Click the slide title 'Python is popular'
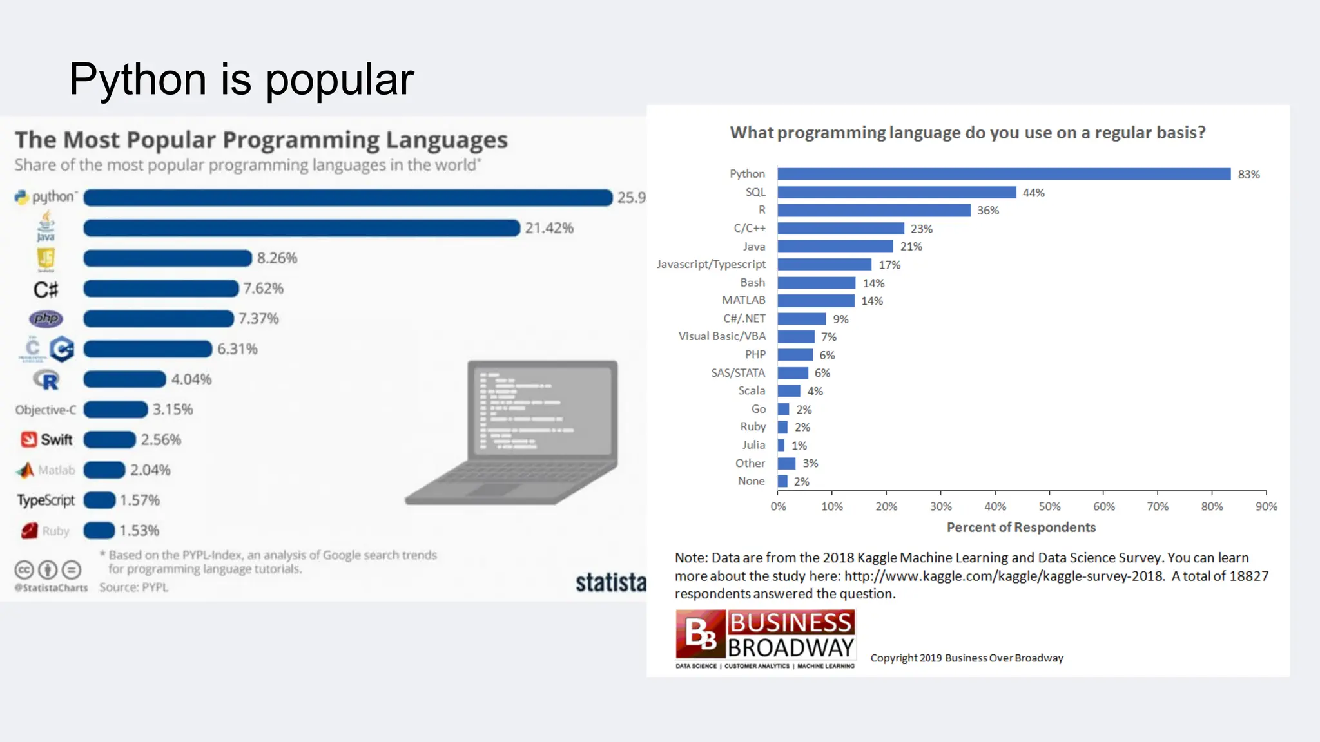(x=241, y=79)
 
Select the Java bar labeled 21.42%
(x=301, y=228)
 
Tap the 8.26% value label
(x=277, y=258)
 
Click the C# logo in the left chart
(x=46, y=289)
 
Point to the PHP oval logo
(x=46, y=318)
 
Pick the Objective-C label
(x=46, y=410)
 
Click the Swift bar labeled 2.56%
(x=110, y=440)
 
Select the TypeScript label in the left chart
(x=46, y=500)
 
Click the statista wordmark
(x=610, y=582)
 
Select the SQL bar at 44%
(x=897, y=193)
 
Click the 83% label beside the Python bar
(x=1248, y=175)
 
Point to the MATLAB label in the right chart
(x=743, y=300)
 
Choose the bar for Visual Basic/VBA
(x=796, y=337)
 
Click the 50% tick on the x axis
(x=1049, y=506)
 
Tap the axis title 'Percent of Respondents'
(x=1021, y=528)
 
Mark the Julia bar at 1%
(x=781, y=445)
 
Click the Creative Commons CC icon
(x=24, y=570)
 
